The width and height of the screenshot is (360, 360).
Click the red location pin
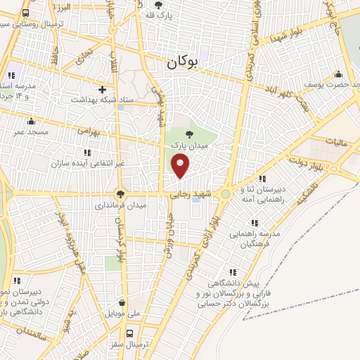pos(181,166)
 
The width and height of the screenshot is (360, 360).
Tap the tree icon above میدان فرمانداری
pos(121,194)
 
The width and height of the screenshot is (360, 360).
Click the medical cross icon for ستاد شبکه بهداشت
pos(103,89)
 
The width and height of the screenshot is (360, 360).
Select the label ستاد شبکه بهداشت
pos(102,101)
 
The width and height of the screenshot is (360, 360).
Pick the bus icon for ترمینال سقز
pos(129,334)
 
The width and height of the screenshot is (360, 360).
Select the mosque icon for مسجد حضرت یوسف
pos(339,74)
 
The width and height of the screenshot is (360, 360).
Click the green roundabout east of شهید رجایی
pos(225,194)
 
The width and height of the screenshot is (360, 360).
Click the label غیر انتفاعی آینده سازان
pos(87,164)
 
